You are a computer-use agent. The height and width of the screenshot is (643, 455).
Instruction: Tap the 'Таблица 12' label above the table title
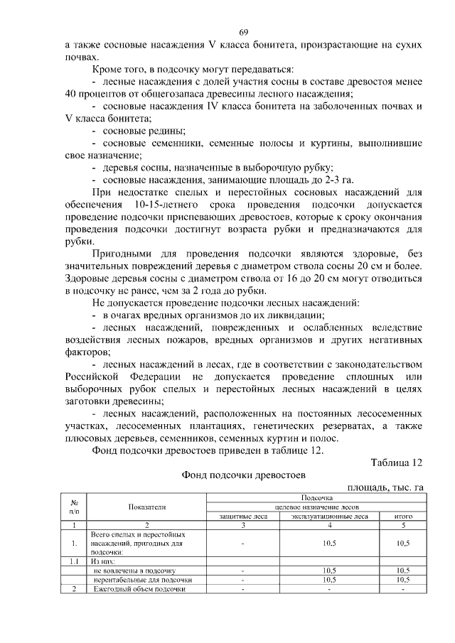[x=397, y=463]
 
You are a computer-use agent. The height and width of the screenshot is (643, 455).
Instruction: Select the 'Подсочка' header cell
[x=317, y=499]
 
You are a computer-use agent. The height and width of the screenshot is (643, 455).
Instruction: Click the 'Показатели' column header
[x=147, y=507]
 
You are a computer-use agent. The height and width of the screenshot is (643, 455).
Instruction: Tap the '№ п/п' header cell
[x=74, y=507]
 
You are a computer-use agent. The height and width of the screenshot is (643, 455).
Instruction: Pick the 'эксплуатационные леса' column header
[x=329, y=517]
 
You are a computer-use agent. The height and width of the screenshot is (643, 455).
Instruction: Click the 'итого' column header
[x=402, y=517]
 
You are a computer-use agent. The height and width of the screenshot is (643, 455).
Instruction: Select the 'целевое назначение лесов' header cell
[x=317, y=507]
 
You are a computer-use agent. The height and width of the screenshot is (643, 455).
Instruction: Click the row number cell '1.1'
[x=74, y=561]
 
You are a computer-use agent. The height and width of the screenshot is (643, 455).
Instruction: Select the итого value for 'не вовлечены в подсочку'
[x=402, y=570]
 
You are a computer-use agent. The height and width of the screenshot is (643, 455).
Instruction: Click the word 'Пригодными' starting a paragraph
[x=121, y=254]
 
